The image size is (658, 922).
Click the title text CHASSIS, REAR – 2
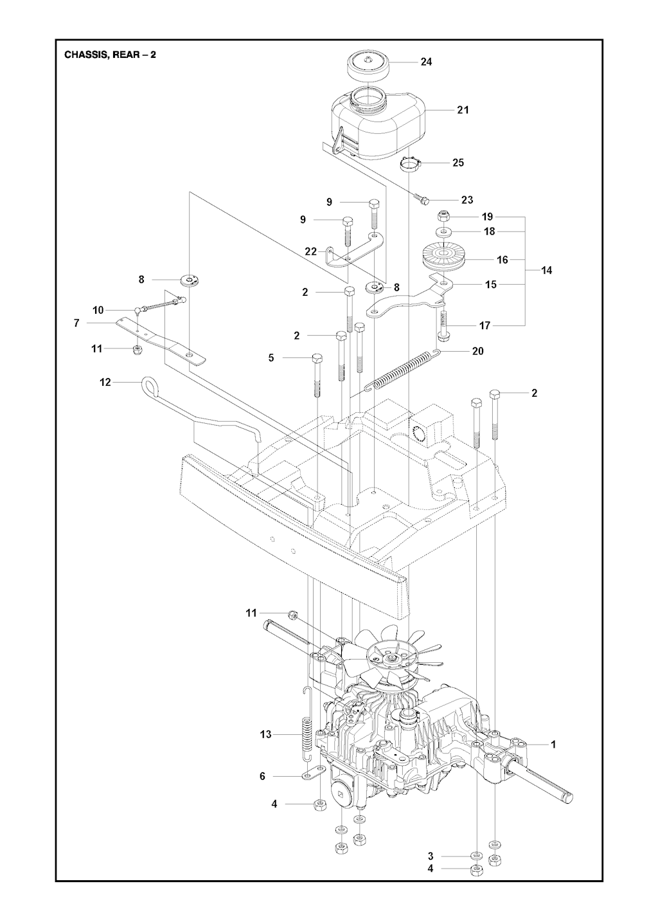(x=111, y=55)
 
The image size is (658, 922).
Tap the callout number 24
(x=426, y=62)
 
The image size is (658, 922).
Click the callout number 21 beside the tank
(x=463, y=110)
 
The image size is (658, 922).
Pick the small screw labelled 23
(x=423, y=200)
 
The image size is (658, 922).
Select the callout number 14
(x=547, y=271)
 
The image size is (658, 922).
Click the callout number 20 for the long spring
(x=477, y=351)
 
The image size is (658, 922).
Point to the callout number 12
(x=105, y=383)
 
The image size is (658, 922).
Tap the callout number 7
(x=76, y=323)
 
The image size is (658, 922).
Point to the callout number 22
(x=311, y=251)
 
